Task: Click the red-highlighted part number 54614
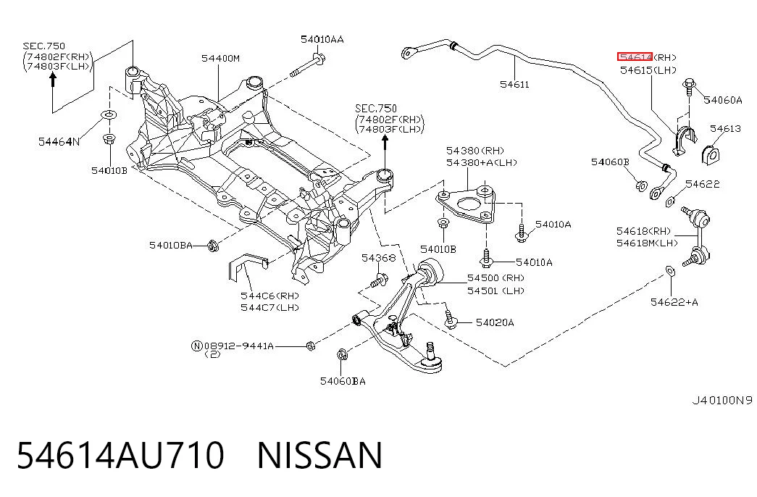(635, 57)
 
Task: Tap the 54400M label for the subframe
(220, 59)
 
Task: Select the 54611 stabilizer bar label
(514, 85)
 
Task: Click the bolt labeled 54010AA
(308, 66)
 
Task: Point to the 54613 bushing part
(710, 154)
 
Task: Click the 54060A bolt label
(723, 100)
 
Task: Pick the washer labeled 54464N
(109, 115)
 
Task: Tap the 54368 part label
(378, 258)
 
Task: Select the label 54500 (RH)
(495, 278)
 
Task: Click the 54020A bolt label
(495, 322)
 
